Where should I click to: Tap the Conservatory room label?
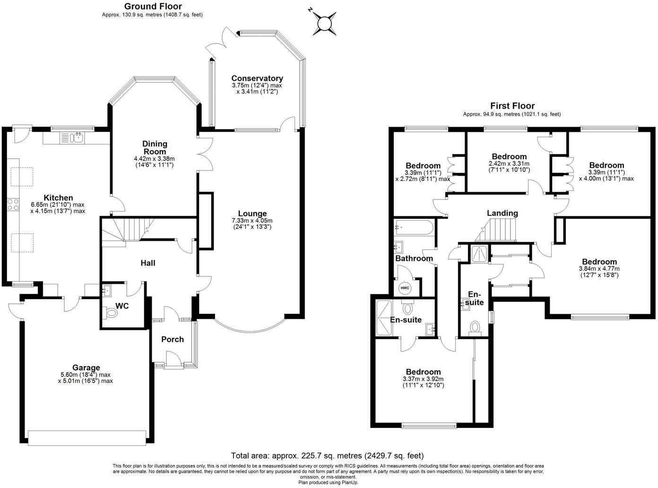(x=257, y=78)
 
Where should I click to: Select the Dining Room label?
(x=155, y=147)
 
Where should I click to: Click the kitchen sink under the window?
(x=75, y=138)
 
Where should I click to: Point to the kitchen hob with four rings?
(x=13, y=205)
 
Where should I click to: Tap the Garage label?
(x=86, y=368)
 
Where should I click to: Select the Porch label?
(x=172, y=339)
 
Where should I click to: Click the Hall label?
(x=148, y=263)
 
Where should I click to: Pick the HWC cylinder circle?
(x=405, y=288)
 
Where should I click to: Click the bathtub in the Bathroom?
(x=414, y=228)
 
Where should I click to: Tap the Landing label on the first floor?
(x=502, y=213)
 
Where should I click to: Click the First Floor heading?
(x=512, y=106)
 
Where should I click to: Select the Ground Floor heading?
(x=153, y=6)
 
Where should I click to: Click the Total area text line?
(x=327, y=455)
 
